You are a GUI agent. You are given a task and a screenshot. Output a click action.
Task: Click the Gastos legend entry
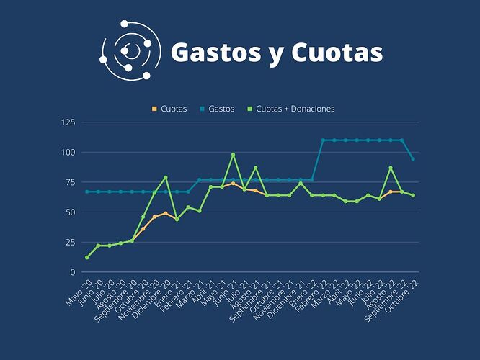point(217,109)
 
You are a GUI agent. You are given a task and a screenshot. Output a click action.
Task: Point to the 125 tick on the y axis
point(69,122)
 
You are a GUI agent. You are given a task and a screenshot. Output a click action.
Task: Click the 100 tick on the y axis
point(69,152)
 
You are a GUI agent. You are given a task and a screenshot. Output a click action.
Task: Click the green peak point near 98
point(233,155)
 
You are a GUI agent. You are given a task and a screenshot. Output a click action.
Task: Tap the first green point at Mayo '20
point(87,258)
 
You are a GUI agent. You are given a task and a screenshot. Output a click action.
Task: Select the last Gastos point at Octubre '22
point(412,158)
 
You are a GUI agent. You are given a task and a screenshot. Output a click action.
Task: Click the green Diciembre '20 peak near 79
point(166,177)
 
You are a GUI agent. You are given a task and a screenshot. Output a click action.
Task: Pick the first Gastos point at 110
point(322,140)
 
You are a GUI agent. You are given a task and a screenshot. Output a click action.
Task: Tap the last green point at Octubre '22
point(412,195)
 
